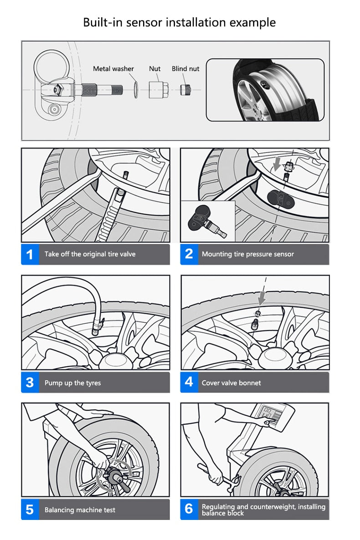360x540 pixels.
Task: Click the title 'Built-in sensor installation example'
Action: click(x=179, y=22)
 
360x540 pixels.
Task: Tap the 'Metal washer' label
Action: click(x=113, y=69)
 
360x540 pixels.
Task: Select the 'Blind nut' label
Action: click(x=185, y=69)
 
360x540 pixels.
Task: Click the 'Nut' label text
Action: click(x=155, y=69)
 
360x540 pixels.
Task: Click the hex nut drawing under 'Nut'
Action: click(x=157, y=88)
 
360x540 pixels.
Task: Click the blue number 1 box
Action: click(x=30, y=254)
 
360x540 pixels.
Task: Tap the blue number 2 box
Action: click(x=189, y=254)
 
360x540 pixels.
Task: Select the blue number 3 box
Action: click(x=30, y=382)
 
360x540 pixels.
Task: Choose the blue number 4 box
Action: click(x=189, y=382)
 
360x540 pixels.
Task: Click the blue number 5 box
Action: click(x=30, y=509)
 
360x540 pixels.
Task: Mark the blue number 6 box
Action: click(x=189, y=509)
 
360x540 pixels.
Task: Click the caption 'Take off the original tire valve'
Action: click(x=90, y=254)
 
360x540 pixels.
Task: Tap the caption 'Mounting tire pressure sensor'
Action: click(x=248, y=254)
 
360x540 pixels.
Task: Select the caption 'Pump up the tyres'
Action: click(x=72, y=383)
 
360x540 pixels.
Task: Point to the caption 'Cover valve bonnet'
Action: click(x=231, y=383)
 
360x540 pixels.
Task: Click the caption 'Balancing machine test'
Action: click(x=80, y=510)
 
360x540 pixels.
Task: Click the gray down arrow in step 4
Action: click(x=262, y=299)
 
